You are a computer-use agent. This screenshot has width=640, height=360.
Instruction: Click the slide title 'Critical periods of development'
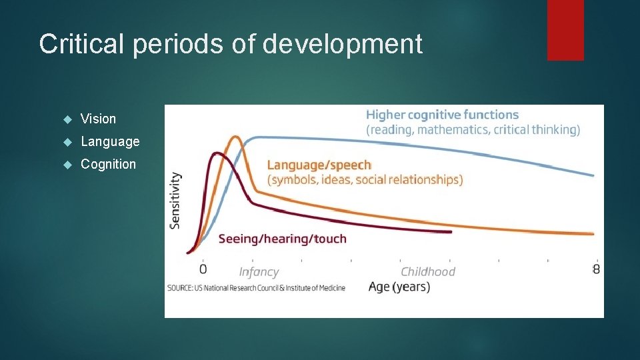click(231, 44)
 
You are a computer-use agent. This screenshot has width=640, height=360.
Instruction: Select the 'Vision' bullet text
click(98, 119)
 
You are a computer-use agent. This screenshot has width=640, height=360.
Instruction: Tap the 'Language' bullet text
click(110, 141)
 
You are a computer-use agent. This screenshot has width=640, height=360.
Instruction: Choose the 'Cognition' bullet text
click(108, 164)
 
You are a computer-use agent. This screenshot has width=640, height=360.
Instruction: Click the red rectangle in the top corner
click(565, 30)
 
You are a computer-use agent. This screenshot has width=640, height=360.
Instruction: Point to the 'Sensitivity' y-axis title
click(175, 201)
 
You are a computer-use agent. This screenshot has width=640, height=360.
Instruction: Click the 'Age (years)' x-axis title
click(399, 287)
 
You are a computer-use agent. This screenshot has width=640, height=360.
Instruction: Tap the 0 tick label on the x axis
click(203, 269)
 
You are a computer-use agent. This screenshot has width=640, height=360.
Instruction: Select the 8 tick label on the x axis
click(596, 269)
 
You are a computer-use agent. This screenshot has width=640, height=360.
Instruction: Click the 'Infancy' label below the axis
click(259, 272)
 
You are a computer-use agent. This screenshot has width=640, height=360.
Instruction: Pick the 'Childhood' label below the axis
click(427, 272)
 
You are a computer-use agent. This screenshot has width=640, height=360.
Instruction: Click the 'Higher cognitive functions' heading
click(442, 115)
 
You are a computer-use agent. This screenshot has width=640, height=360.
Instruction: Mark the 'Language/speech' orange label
click(319, 165)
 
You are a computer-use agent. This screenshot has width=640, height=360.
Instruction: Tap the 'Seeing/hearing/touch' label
click(282, 239)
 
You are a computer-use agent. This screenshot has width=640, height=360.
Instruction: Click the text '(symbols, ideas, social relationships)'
click(365, 179)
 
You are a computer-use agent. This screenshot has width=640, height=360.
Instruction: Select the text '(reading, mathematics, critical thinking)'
click(473, 129)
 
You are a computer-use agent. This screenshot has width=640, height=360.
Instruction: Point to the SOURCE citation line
click(257, 287)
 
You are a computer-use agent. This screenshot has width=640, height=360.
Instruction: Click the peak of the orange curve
click(235, 137)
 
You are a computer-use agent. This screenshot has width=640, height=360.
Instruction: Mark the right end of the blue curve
click(593, 176)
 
